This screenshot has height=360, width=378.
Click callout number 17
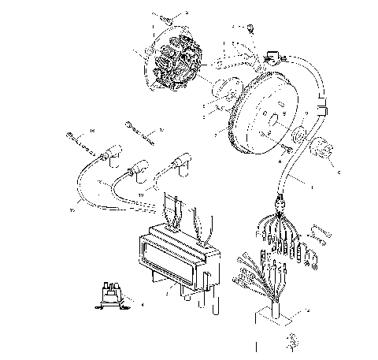161,129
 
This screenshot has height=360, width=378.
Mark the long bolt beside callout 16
77,141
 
